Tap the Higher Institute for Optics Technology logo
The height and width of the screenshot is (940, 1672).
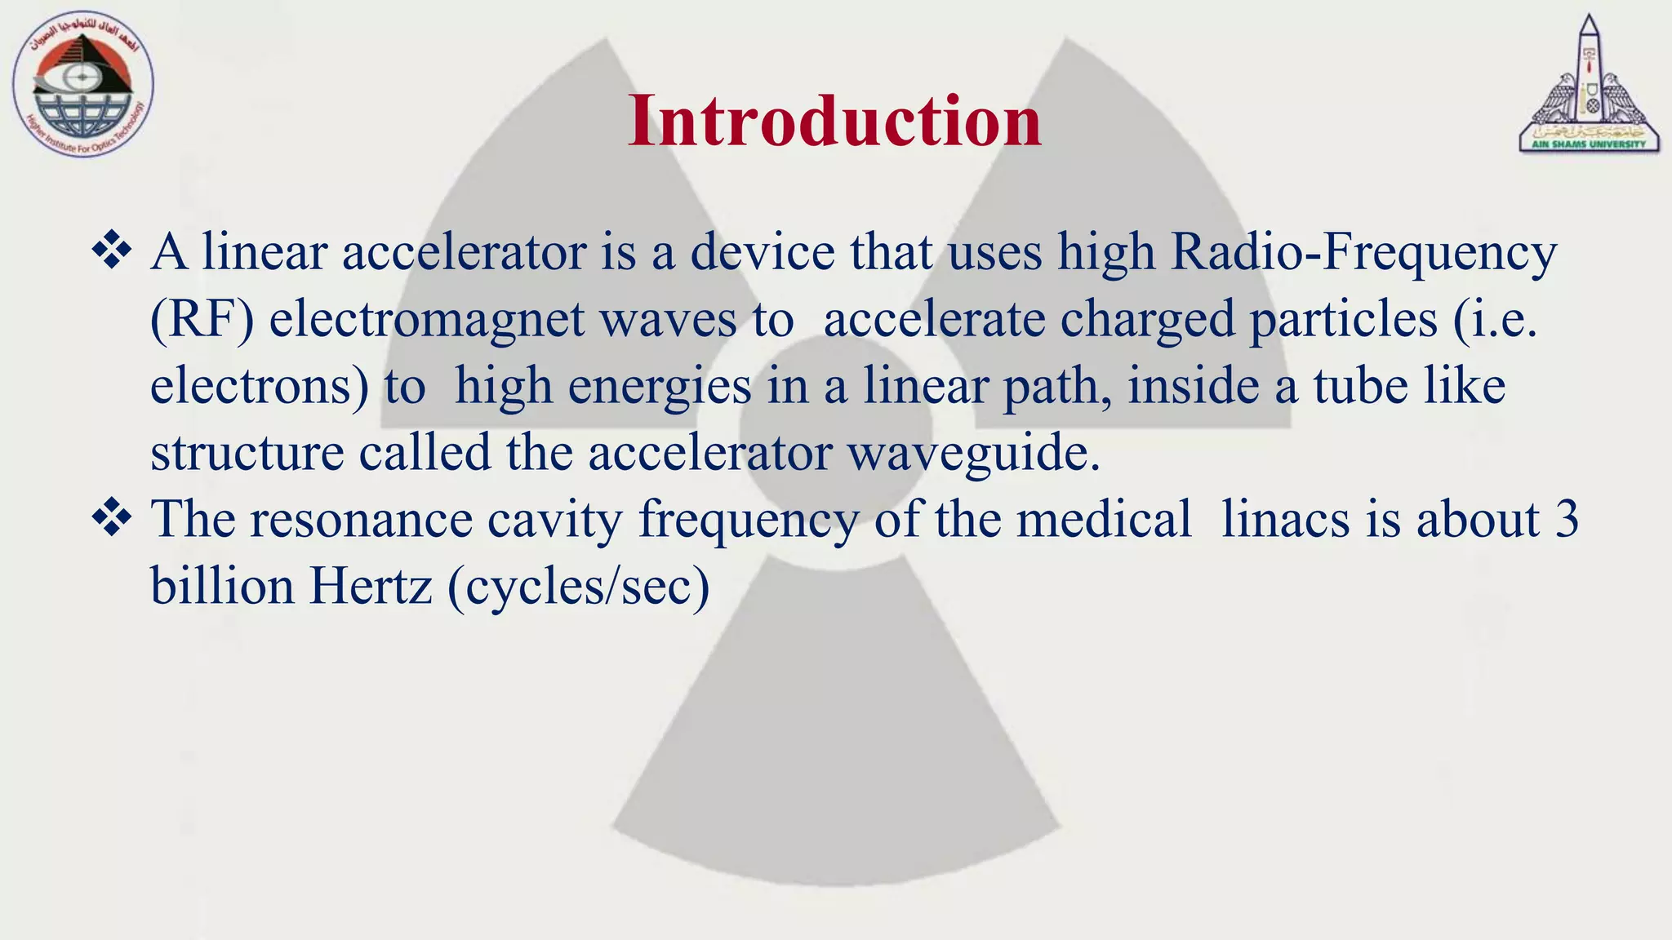82,85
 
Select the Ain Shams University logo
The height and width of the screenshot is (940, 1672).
1588,85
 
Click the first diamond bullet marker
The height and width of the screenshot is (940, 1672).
112,251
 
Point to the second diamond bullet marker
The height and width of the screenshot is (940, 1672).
112,518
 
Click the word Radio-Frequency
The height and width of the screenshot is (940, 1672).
1363,253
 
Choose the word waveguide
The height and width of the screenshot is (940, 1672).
974,453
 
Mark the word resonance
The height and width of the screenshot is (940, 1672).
361,520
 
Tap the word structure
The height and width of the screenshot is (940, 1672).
247,453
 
